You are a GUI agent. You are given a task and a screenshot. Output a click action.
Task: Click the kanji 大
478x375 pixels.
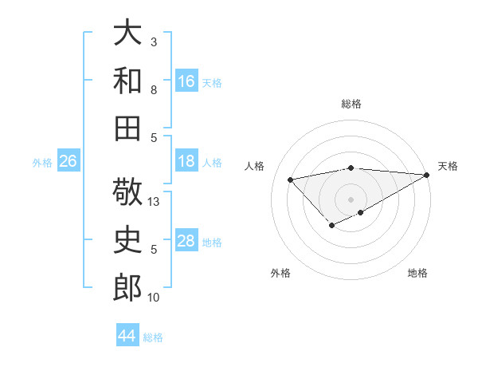point(127,34)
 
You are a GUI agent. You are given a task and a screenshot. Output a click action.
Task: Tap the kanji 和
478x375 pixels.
point(127,81)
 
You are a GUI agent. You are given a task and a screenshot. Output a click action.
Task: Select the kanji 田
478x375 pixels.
point(127,128)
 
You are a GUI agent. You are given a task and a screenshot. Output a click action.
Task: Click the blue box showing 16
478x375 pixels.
point(186,81)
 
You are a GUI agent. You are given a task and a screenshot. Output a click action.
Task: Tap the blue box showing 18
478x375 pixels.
point(186,161)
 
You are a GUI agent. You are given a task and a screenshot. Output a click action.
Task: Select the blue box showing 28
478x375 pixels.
point(186,241)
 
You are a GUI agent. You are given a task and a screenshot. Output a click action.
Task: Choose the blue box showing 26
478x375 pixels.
point(69,161)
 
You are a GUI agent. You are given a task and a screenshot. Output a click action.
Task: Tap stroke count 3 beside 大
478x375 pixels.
point(154,41)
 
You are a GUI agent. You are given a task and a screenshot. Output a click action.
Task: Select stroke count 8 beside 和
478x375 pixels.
point(154,89)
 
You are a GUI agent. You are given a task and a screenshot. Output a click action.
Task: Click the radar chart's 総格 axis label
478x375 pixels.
point(351,104)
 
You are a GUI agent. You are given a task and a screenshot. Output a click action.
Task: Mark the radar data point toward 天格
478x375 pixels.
point(427,175)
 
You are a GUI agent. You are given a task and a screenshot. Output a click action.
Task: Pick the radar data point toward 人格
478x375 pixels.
point(291,179)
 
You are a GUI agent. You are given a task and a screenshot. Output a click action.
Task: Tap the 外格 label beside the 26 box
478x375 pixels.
point(42,162)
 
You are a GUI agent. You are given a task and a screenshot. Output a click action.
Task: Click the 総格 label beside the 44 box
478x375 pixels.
point(153,337)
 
